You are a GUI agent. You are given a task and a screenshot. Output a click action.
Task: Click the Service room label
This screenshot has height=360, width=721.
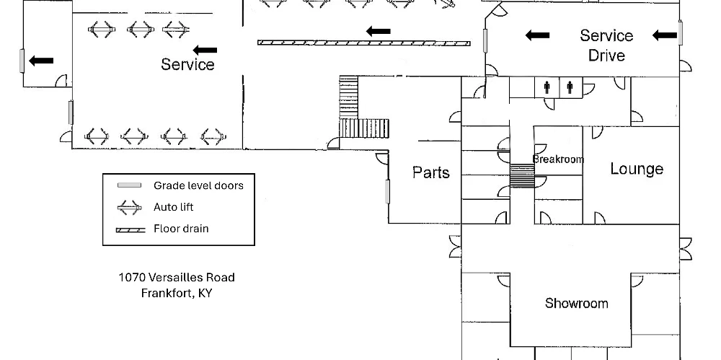(187, 64)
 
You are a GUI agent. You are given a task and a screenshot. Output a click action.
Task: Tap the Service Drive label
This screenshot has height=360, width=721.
(606, 45)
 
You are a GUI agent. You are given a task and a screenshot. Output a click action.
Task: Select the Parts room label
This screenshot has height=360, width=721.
(431, 172)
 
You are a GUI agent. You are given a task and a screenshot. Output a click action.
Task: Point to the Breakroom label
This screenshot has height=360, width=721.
(558, 159)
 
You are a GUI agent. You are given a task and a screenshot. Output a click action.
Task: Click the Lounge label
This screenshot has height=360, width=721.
(637, 169)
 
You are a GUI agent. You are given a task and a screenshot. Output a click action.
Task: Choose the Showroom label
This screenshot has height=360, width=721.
(577, 304)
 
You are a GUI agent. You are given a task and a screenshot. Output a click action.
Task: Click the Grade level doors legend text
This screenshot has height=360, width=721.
(199, 185)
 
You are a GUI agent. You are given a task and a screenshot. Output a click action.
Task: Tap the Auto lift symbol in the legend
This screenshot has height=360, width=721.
(129, 208)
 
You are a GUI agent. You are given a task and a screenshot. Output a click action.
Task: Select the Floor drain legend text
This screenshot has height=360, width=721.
(181, 229)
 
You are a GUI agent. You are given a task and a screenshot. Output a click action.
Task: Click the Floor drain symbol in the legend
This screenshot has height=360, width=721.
(131, 230)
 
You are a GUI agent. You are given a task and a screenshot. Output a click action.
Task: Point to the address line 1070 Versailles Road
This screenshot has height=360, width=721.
(177, 277)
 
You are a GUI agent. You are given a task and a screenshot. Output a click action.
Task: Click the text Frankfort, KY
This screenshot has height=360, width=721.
(177, 293)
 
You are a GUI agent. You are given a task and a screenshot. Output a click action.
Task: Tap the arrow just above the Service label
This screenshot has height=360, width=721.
(205, 50)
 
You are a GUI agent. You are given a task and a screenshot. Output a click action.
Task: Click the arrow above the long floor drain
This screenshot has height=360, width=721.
(379, 31)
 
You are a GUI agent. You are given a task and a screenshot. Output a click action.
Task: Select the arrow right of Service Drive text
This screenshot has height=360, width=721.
(665, 35)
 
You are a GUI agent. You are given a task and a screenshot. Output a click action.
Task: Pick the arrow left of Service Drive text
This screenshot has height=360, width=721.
(538, 35)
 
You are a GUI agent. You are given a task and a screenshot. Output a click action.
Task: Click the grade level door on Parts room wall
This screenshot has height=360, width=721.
(388, 191)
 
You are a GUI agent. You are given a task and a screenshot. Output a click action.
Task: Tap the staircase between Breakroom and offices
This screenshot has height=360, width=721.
(522, 176)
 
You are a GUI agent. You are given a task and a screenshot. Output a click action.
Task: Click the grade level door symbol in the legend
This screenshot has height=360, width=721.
(129, 185)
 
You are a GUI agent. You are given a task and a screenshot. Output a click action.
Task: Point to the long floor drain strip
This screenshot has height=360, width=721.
(363, 43)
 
